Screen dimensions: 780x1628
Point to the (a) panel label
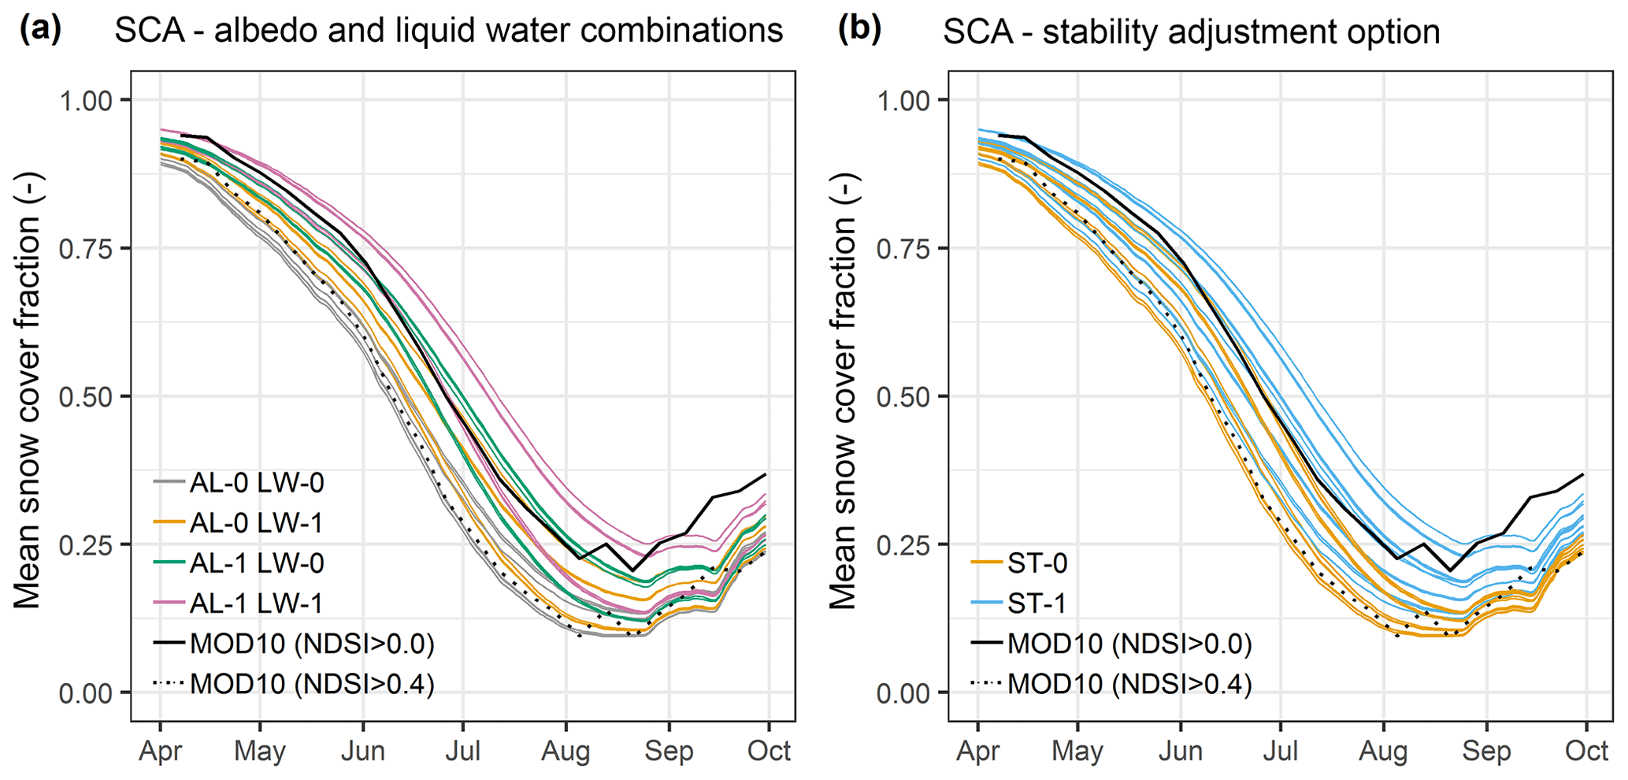[x=40, y=30]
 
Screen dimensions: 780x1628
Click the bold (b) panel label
[x=859, y=30]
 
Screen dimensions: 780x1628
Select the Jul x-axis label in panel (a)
[x=462, y=751]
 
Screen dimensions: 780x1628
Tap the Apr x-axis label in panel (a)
[x=160, y=751]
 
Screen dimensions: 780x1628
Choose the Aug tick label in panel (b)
[x=1383, y=751]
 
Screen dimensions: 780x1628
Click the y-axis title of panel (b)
[x=844, y=392]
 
